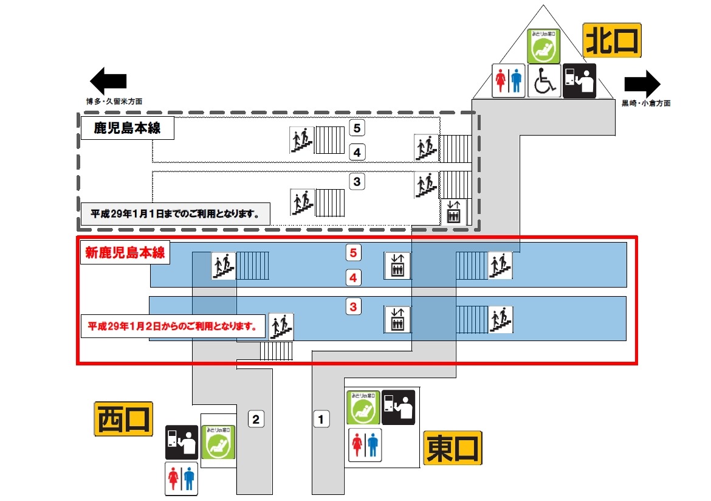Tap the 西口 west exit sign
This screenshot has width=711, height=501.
(x=123, y=419)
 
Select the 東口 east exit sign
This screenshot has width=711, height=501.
(x=453, y=449)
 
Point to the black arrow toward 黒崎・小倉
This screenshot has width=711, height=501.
(x=642, y=83)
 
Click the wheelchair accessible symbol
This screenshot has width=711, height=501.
(x=544, y=81)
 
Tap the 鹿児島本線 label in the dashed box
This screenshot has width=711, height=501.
(x=126, y=128)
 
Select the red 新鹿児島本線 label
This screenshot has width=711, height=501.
(x=124, y=252)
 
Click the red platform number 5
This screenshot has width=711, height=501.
(x=354, y=251)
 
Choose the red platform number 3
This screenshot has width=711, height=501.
(x=354, y=306)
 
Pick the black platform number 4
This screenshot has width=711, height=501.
(x=357, y=152)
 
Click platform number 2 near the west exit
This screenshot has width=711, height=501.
(x=256, y=419)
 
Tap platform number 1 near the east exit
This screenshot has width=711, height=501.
(x=321, y=418)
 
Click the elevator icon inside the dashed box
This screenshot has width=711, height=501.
(x=453, y=211)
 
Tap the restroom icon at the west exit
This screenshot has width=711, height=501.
(x=181, y=478)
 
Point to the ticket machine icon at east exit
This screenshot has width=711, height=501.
(x=399, y=407)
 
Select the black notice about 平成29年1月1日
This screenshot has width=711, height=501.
(x=176, y=214)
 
